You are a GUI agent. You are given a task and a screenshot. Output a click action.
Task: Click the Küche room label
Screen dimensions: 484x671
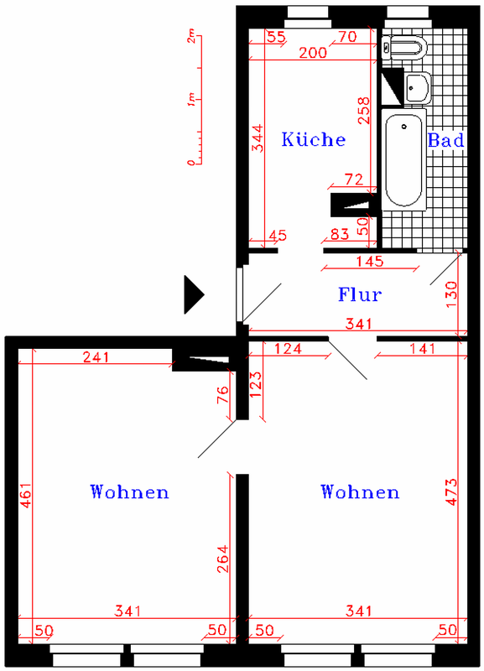[313, 139]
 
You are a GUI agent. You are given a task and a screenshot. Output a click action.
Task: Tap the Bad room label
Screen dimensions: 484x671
[446, 140]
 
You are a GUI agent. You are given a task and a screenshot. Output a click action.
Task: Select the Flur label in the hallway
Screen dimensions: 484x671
[360, 294]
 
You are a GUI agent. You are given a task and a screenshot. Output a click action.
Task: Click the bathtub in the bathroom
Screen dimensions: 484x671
[404, 159]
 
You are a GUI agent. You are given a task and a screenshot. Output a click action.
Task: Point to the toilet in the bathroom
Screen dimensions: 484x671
[404, 47]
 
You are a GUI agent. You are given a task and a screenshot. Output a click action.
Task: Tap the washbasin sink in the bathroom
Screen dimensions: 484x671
[417, 87]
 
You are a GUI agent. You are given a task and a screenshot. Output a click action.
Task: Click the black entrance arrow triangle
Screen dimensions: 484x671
[194, 294]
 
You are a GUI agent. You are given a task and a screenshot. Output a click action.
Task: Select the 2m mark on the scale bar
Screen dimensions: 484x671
[191, 36]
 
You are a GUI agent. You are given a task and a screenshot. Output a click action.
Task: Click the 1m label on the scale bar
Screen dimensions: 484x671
[191, 100]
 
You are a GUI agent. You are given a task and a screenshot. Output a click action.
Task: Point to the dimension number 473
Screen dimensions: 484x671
[451, 492]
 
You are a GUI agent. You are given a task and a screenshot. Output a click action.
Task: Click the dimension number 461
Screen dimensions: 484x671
[26, 495]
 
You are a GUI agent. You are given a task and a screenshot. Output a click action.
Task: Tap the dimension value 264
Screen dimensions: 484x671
[222, 559]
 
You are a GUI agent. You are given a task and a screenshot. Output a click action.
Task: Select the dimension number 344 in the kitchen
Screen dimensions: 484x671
[258, 138]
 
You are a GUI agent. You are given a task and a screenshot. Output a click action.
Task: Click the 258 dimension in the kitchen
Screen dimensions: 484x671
[363, 111]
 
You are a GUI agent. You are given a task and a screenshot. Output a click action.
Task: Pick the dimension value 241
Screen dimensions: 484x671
[96, 357]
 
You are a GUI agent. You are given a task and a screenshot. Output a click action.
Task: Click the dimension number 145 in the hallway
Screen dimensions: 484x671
[370, 261]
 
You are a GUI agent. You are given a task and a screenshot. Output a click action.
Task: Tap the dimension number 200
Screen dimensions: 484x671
[313, 53]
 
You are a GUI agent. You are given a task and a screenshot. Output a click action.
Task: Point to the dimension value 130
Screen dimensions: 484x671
[451, 294]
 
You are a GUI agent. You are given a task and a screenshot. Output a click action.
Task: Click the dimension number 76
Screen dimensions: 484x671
[223, 395]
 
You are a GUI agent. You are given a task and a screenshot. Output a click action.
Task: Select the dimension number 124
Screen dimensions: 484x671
[288, 349]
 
